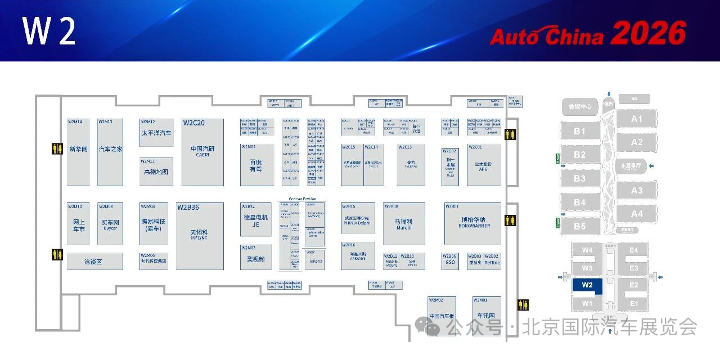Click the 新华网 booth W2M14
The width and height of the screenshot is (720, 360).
click(x=78, y=152)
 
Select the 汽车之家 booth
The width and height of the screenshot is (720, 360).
click(x=110, y=152)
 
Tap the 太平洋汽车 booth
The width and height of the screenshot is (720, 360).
click(x=156, y=133)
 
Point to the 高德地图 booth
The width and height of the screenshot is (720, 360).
click(x=156, y=172)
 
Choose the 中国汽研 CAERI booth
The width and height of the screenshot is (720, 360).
click(x=202, y=152)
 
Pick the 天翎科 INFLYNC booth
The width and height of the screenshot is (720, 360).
click(x=200, y=235)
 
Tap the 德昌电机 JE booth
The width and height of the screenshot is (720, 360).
click(x=256, y=220)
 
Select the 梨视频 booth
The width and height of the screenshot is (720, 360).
click(x=256, y=259)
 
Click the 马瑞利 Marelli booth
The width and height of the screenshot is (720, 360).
click(x=404, y=223)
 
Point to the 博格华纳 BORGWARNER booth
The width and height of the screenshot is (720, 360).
click(x=472, y=223)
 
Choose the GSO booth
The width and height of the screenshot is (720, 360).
click(x=450, y=262)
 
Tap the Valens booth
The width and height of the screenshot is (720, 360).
click(x=316, y=260)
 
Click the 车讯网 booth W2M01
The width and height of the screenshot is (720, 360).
click(x=486, y=316)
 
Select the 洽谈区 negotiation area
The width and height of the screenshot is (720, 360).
click(x=94, y=262)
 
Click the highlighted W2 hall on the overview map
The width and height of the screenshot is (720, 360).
click(x=587, y=285)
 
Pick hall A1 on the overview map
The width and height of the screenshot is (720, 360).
click(x=636, y=119)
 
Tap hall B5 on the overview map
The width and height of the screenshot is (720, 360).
click(x=579, y=226)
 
